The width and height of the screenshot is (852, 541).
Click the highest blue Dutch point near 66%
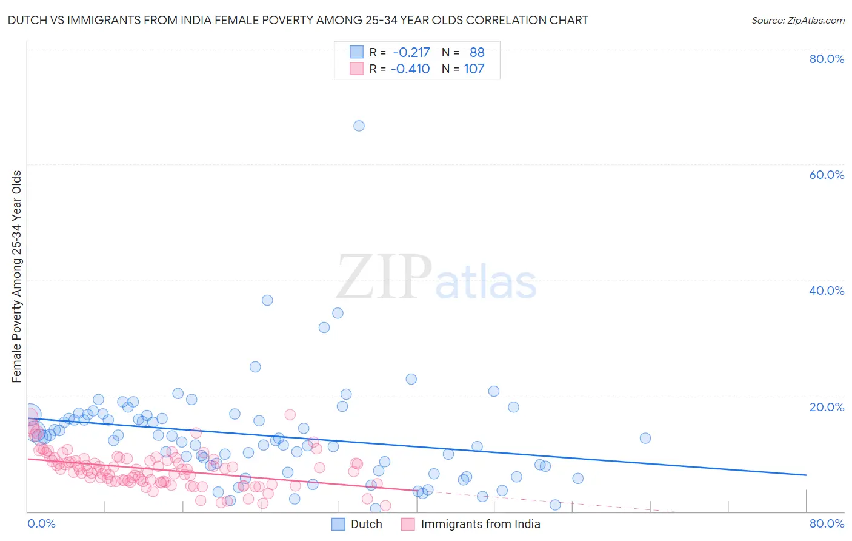coord(359,126)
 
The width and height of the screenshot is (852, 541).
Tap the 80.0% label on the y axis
coord(826,59)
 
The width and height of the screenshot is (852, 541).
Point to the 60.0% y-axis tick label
coord(826,175)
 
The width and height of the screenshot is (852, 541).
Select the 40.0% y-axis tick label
coord(826,291)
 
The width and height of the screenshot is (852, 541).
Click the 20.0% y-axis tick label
coord(826,406)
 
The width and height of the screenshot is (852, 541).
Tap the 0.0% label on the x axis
coord(41,523)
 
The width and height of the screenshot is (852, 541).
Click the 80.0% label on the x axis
coord(826,523)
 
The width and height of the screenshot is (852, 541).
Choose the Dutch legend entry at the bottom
coord(366,524)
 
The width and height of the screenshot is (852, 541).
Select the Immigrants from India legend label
coord(480,524)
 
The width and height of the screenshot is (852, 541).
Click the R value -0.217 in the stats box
coord(411,52)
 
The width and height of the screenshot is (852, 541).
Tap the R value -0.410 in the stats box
coord(410,69)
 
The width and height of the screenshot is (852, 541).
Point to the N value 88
coord(477,52)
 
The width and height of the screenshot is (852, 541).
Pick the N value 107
coord(474,69)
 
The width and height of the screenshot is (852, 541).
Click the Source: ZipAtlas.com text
coord(797,20)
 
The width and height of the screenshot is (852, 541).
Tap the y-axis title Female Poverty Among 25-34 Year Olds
coord(16,277)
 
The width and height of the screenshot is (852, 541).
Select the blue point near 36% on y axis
coord(267,300)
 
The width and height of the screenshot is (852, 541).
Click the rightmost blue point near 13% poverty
coord(645,438)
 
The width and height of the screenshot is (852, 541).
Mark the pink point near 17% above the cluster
coord(290,414)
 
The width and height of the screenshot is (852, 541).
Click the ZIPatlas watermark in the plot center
coord(436,278)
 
